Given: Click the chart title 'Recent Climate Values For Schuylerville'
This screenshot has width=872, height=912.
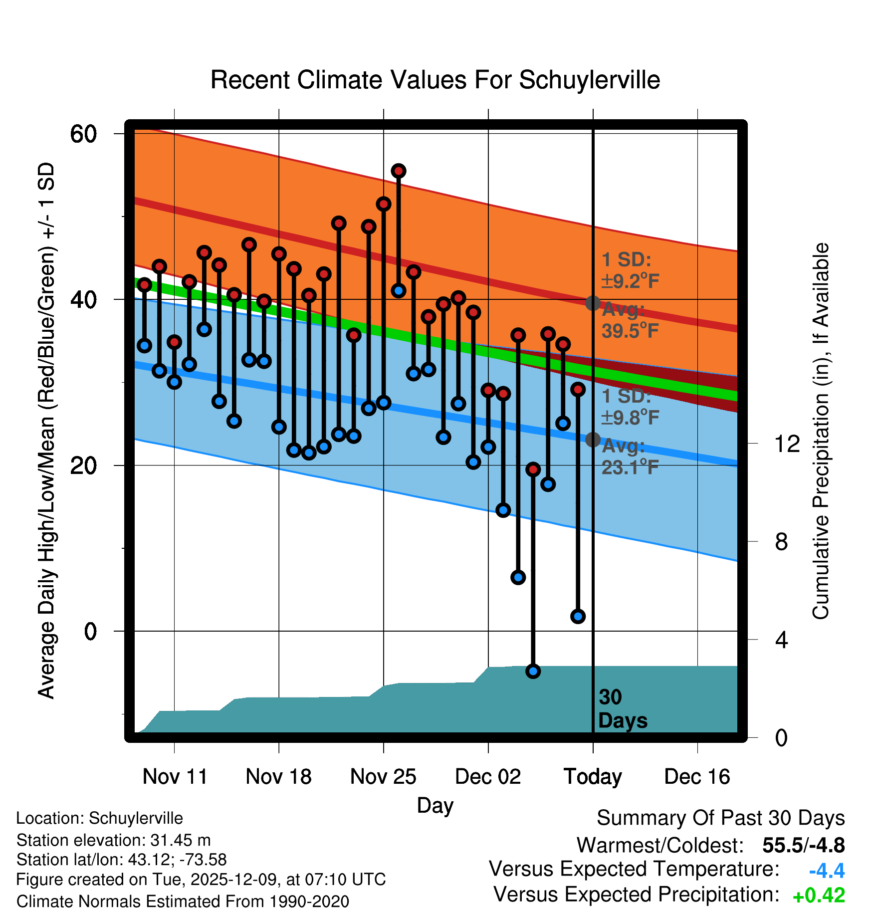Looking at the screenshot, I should tap(435, 80).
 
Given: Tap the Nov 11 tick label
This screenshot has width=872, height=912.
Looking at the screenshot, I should tap(175, 776).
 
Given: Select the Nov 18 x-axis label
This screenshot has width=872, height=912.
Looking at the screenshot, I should tap(278, 776).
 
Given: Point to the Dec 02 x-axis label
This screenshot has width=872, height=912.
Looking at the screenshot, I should tap(488, 776).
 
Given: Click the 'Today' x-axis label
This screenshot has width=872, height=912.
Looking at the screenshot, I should tap(593, 776).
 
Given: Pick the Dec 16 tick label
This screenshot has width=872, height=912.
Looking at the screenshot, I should tap(697, 776).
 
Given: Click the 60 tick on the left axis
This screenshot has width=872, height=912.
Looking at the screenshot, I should tap(84, 134).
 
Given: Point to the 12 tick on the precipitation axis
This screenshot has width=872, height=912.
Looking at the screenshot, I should tap(787, 444).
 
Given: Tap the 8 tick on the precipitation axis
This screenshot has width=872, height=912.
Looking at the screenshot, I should tap(781, 541).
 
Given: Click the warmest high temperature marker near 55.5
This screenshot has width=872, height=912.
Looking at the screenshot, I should tap(399, 171).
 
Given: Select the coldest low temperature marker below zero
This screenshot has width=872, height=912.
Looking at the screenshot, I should tap(533, 671).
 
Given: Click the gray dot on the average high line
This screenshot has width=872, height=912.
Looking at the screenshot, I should tap(593, 303).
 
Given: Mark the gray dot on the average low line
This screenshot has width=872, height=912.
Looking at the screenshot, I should tap(593, 440).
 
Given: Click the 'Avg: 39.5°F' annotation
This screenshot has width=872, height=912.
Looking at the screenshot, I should tap(630, 320).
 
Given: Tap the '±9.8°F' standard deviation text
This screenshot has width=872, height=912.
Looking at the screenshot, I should tap(630, 417).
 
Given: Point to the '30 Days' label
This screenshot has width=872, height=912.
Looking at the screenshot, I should tap(622, 709).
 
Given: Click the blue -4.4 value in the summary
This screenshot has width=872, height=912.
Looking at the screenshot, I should tap(827, 871).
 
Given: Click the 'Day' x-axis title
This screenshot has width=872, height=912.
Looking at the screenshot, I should tap(435, 805).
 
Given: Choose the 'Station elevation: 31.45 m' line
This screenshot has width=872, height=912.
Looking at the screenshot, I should tap(113, 840).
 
